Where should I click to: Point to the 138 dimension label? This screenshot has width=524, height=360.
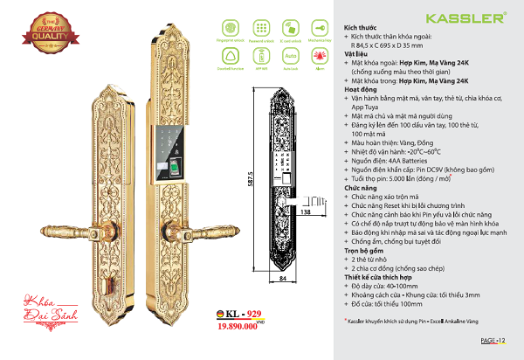(305, 211)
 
